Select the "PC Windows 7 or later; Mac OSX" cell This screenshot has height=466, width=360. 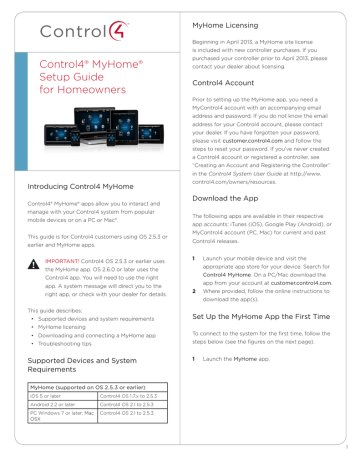pos(62,464)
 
